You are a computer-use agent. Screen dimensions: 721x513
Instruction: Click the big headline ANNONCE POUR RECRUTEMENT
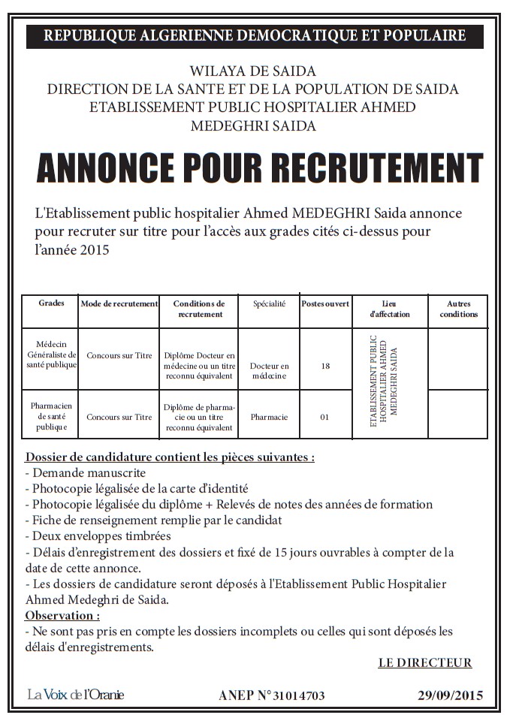[x=259, y=168]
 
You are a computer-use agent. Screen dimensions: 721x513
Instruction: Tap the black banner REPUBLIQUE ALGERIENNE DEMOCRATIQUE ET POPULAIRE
[x=255, y=35]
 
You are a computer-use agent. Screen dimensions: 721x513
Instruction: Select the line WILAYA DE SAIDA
[x=252, y=71]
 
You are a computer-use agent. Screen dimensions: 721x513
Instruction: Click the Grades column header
[x=51, y=303]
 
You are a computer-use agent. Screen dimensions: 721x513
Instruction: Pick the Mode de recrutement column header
[x=119, y=303]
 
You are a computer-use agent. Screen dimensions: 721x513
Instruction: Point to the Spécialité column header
[x=269, y=303]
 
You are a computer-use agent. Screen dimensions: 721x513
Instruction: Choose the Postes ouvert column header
[x=325, y=303]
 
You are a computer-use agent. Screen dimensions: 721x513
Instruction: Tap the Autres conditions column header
[x=458, y=309]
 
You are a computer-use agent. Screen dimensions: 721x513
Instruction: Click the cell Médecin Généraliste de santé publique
[x=51, y=354]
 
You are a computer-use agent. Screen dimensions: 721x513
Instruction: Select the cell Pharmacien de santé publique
[x=51, y=416]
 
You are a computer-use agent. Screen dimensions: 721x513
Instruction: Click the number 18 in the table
[x=325, y=366]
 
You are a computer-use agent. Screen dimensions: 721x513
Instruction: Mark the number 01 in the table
[x=325, y=417]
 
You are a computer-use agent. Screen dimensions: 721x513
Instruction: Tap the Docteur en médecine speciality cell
[x=269, y=371]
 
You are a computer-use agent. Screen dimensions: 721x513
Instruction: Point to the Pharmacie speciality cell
[x=269, y=417]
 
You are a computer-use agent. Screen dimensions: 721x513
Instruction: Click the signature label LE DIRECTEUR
[x=424, y=662]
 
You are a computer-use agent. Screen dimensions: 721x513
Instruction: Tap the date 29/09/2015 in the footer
[x=450, y=695]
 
